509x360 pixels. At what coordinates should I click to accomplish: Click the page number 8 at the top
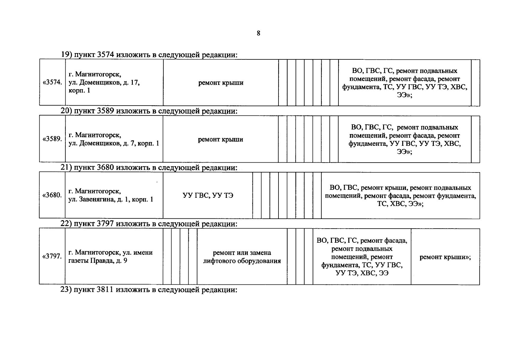pos(258,33)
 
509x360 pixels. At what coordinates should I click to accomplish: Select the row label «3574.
pos(52,82)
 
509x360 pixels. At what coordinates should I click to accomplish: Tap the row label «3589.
pos(52,139)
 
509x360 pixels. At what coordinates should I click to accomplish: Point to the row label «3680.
pos(52,195)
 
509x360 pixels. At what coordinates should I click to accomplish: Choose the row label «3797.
pos(52,256)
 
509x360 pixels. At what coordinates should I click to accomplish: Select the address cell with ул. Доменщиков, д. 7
pos(114,139)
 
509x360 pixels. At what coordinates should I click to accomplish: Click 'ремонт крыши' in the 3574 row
pos(221,82)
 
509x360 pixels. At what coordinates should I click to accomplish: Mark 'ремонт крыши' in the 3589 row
pos(220,139)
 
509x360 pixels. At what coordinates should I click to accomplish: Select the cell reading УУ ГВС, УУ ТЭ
pos(208,196)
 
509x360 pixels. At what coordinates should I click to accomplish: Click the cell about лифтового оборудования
pos(242,257)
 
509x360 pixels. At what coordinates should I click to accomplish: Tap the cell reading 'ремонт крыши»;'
pos(445,257)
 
